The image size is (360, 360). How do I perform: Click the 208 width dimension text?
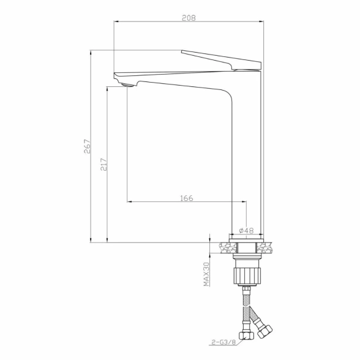(x=189, y=18)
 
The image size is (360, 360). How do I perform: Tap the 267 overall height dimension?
(x=88, y=146)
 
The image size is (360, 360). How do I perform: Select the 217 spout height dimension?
(x=104, y=164)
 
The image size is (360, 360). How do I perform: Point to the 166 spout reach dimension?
(x=187, y=198)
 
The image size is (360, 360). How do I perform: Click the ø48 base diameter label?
(x=246, y=230)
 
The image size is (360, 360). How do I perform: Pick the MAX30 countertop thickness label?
(x=206, y=274)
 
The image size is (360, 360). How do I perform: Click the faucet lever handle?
(x=222, y=60)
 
